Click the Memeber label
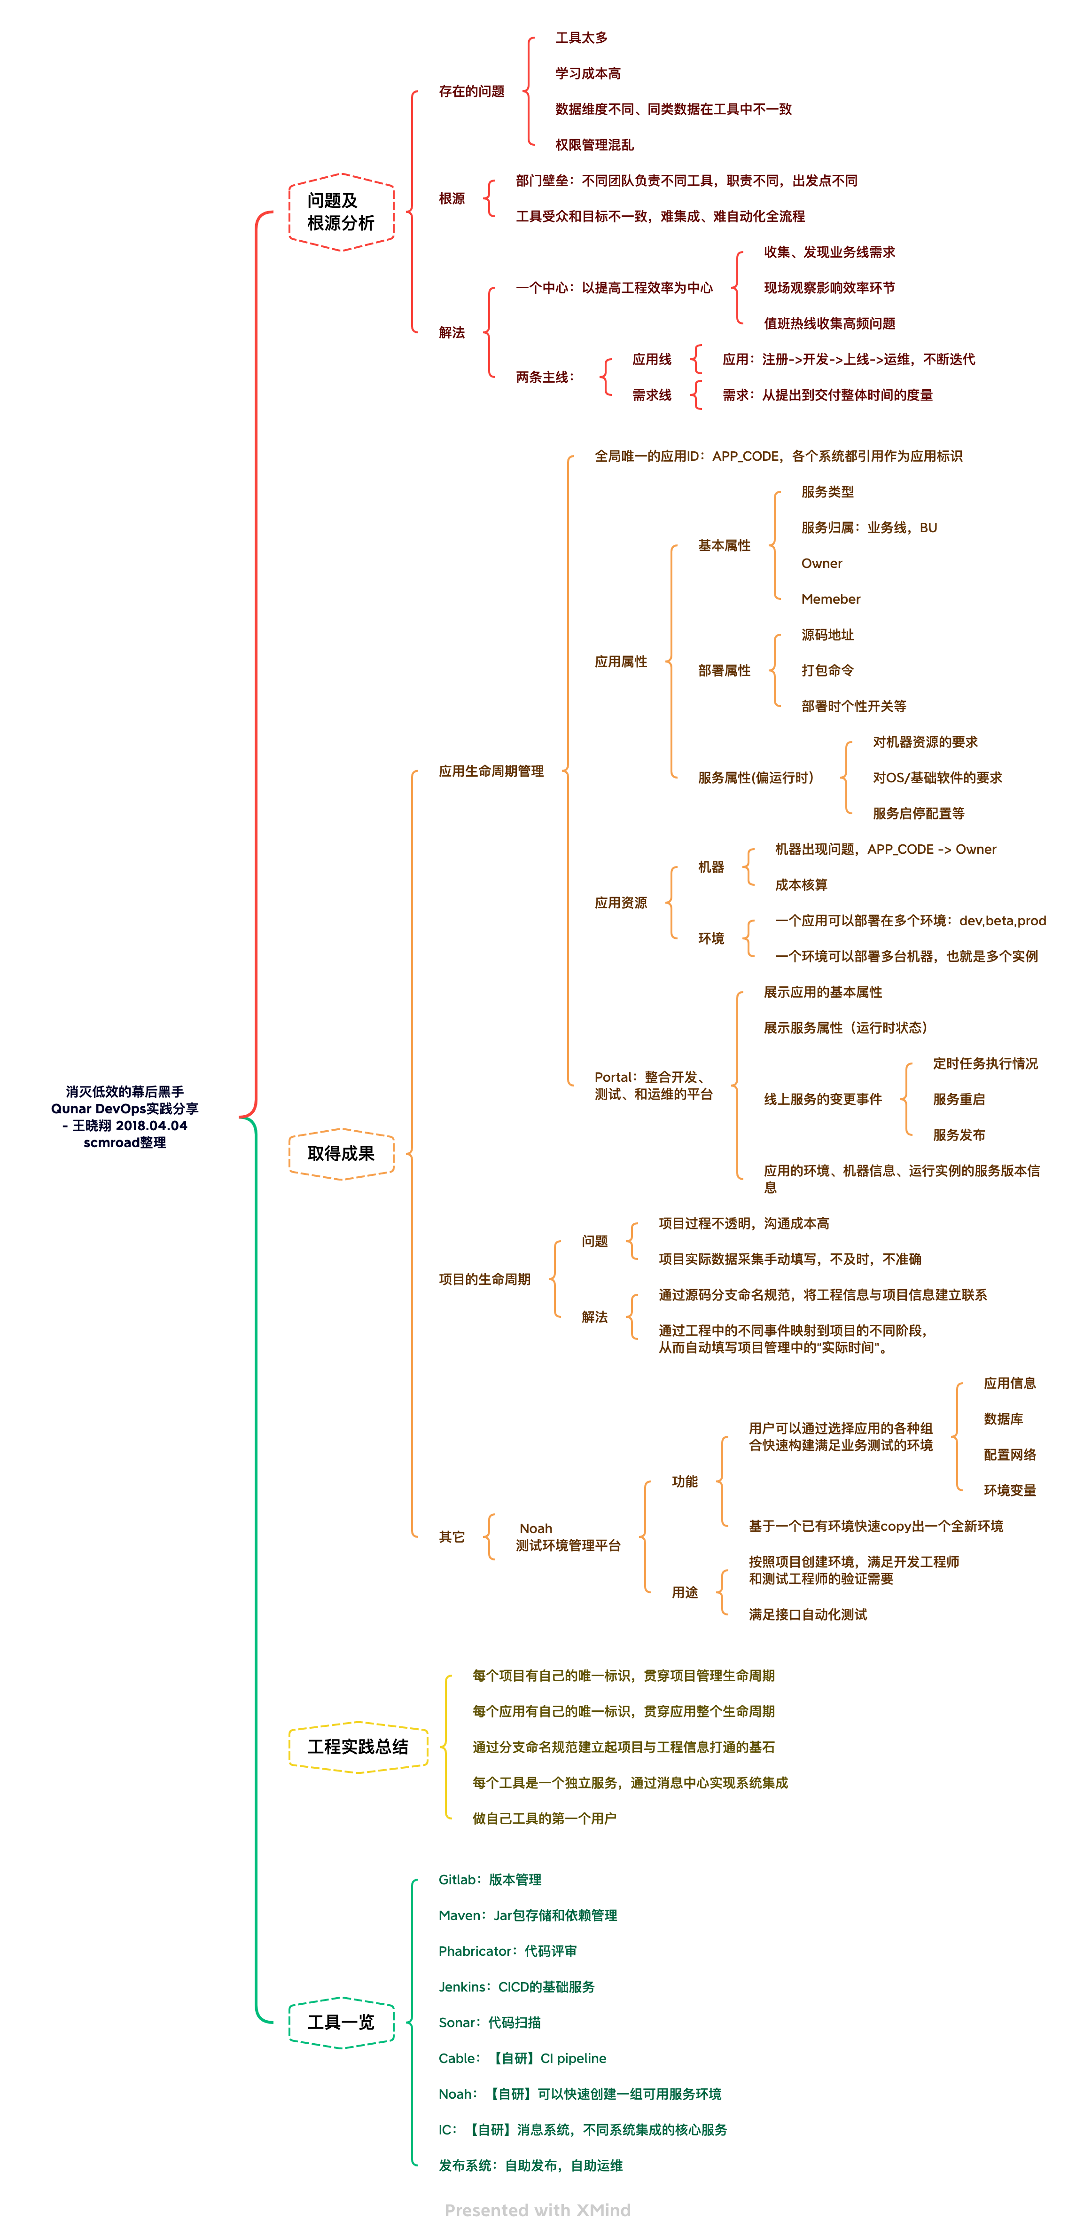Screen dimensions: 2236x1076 [830, 599]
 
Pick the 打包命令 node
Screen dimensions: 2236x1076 [827, 670]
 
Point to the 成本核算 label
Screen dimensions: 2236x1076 [801, 884]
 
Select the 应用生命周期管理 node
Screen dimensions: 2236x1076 [491, 771]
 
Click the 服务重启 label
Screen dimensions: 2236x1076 [959, 1099]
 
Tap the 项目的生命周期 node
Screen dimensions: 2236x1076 [484, 1279]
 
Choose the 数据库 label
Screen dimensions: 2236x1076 [1003, 1418]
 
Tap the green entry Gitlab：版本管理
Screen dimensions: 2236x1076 [490, 1879]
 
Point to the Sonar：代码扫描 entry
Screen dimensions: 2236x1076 [490, 2023]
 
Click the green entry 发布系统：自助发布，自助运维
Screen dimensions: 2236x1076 [530, 2165]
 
